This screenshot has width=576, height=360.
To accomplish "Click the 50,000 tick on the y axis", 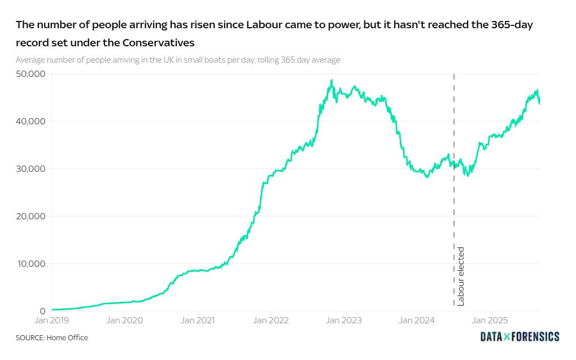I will tap(30, 74).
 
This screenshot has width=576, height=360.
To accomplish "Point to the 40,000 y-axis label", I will tap(30, 122).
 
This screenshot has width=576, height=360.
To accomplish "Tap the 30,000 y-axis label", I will tap(30, 169).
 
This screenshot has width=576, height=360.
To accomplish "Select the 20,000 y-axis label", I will tap(30, 216).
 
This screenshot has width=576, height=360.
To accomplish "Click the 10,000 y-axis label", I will tap(30, 264).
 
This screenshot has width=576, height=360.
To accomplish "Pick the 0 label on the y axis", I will tap(42, 311).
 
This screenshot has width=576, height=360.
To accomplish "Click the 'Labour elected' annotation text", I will tap(461, 276).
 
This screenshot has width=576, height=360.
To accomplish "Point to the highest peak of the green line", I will tap(331, 80).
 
